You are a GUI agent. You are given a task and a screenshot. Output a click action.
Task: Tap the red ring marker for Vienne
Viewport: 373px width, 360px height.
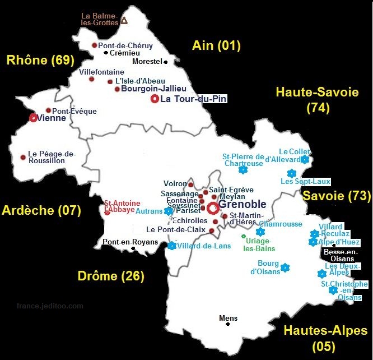[33, 118]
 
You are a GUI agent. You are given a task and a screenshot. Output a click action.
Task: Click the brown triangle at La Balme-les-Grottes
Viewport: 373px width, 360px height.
[124, 20]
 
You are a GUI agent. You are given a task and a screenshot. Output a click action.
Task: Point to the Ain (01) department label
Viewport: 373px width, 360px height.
[216, 45]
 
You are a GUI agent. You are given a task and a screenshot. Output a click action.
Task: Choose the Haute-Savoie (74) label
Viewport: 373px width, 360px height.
[317, 100]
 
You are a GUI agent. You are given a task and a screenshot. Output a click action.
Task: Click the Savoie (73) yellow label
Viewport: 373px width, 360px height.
[337, 196]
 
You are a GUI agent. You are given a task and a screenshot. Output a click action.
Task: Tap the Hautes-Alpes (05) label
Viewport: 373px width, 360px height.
[325, 338]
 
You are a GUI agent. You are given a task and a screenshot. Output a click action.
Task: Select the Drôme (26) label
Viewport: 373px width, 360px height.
[110, 275]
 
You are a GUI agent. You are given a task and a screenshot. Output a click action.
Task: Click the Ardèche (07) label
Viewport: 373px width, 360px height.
[41, 210]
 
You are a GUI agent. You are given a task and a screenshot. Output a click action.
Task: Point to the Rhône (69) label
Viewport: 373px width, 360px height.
[41, 60]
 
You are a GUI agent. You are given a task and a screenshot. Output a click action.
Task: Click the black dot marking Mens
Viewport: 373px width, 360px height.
[227, 325]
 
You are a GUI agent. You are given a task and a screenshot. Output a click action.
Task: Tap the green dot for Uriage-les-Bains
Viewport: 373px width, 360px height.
[243, 237]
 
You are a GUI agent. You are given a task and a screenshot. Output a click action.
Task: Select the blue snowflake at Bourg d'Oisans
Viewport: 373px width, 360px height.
[285, 267]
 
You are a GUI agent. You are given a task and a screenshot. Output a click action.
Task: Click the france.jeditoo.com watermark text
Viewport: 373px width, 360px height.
[50, 306]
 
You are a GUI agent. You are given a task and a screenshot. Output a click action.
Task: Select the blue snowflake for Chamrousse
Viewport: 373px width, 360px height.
[260, 232]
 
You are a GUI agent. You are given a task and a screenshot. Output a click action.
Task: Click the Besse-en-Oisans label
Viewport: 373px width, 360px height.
[339, 255]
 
